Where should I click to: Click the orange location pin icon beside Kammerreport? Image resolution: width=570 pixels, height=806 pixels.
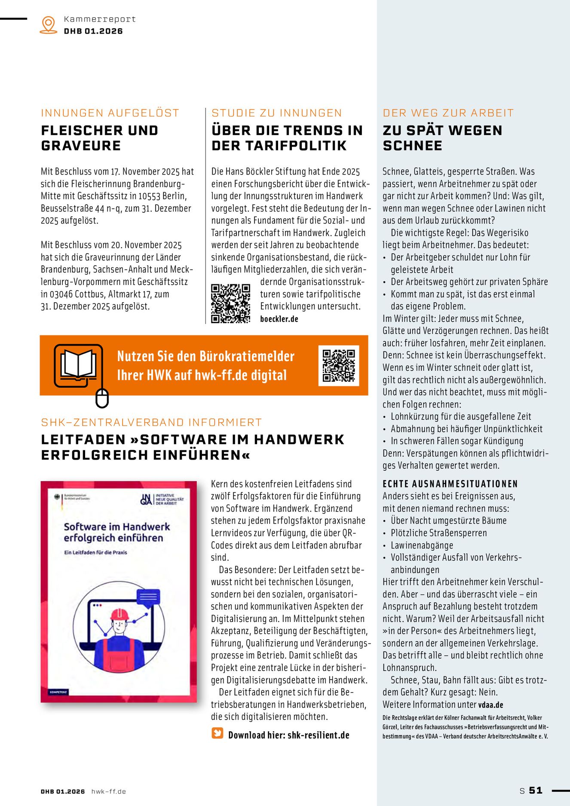tap(48, 25)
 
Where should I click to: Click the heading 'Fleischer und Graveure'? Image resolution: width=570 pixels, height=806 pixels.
tap(99, 138)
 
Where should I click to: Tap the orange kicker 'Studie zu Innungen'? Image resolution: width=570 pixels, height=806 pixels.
tap(276, 113)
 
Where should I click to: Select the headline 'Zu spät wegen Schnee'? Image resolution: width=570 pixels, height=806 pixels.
tap(442, 138)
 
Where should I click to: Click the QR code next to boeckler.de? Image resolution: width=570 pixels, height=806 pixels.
tap(231, 303)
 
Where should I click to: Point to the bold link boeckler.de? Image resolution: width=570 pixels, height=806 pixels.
tap(279, 319)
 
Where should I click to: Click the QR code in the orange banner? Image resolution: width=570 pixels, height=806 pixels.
tap(339, 365)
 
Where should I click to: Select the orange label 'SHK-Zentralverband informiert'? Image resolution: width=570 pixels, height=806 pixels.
tap(151, 422)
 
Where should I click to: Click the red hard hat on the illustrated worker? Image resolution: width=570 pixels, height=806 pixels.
tap(120, 614)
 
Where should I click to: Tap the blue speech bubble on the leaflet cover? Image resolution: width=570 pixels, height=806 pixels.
tap(148, 597)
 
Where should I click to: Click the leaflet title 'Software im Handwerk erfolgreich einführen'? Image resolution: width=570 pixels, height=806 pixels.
tap(117, 532)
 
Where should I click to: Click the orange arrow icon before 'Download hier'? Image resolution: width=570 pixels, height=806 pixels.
tap(218, 733)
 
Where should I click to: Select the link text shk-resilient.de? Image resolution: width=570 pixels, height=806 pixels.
tap(318, 735)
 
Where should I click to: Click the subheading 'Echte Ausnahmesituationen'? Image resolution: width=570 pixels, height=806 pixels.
tap(450, 484)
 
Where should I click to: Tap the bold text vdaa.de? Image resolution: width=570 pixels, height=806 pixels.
tap(490, 705)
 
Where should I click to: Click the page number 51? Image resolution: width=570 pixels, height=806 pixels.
tap(536, 791)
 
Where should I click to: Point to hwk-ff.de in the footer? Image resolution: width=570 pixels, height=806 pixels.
tap(108, 791)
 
